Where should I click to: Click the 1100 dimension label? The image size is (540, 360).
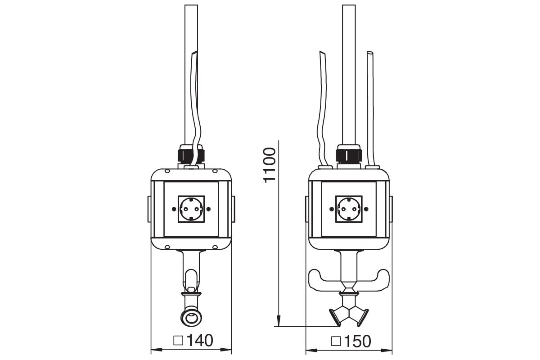tap(269, 165)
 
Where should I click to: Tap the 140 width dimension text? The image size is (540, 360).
tap(200, 340)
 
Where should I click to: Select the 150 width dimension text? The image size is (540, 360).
tap(358, 341)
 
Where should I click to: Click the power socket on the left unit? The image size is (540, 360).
tap(191, 209)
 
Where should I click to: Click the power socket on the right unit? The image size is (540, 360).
tap(349, 209)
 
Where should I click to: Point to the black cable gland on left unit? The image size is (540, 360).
tap(191, 155)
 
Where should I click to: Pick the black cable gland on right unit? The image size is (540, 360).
tap(349, 155)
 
